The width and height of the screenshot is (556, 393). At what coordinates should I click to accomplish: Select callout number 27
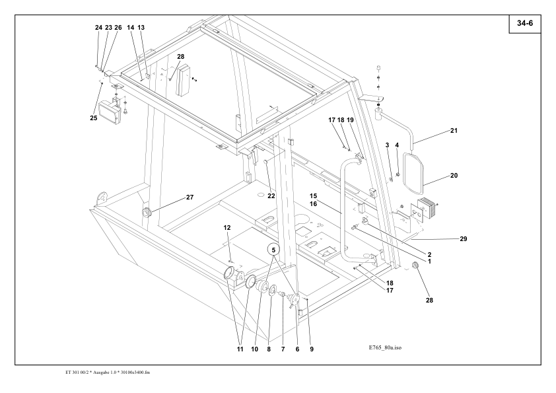[x=190, y=197]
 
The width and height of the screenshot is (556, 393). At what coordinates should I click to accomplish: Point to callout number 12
[x=226, y=228]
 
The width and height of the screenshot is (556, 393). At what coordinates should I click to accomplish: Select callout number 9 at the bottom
[x=312, y=349]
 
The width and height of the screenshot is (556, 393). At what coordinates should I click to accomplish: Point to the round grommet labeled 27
[x=147, y=212]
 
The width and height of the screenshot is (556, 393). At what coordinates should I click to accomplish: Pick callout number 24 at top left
[x=98, y=28]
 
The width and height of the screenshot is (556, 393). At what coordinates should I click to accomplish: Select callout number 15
[x=314, y=196]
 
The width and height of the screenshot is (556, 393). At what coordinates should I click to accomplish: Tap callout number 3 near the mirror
[x=387, y=145]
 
